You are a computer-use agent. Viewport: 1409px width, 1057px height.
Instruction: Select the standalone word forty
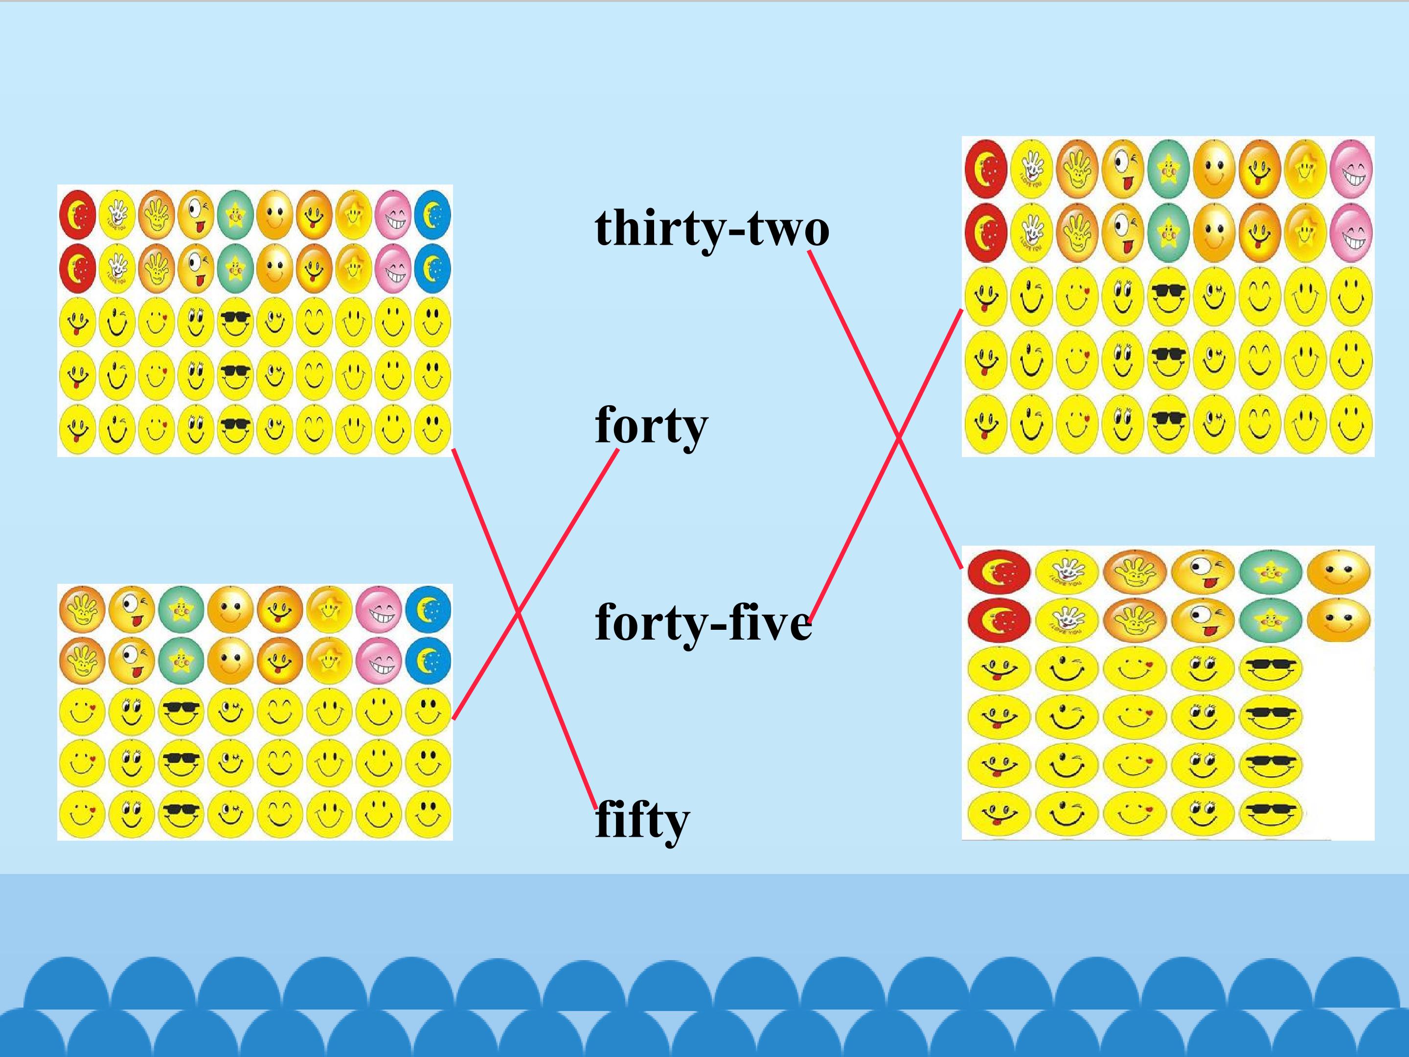(652, 426)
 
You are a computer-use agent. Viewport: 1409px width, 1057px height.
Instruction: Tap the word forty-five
(703, 622)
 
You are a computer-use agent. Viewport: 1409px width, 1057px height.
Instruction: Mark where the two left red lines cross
(518, 614)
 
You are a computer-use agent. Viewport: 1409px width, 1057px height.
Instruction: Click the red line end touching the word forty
(617, 451)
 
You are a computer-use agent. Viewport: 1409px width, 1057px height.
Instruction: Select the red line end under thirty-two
(809, 252)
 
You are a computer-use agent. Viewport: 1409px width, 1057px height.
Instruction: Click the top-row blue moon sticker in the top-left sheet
(432, 213)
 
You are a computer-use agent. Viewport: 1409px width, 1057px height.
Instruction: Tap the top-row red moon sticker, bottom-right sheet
(998, 570)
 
